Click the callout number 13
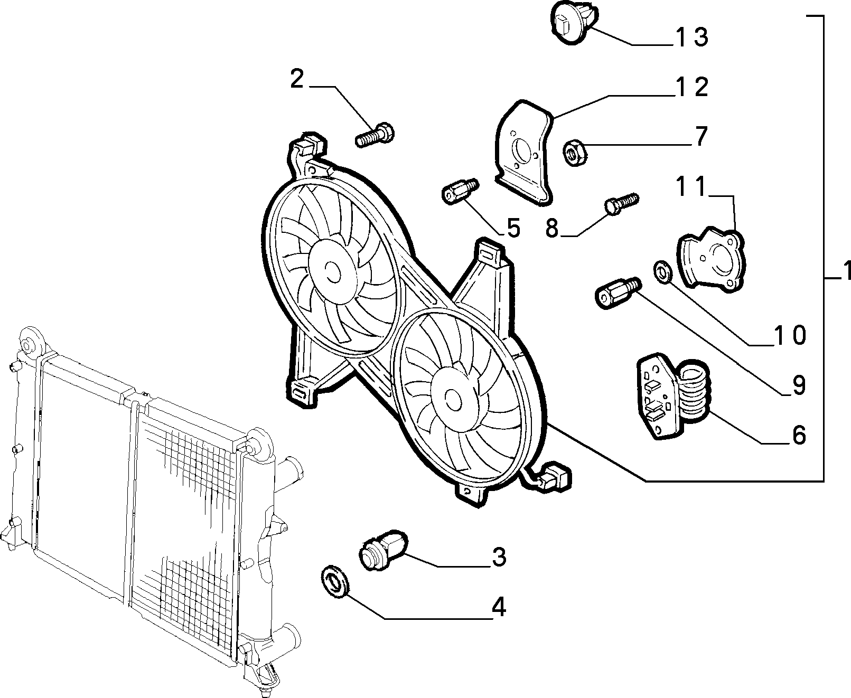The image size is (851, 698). [691, 37]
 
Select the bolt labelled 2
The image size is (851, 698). [375, 135]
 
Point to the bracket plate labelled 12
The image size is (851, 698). [523, 153]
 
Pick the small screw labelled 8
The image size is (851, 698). [622, 204]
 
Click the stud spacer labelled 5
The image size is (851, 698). [460, 192]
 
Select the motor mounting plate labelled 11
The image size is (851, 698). [712, 259]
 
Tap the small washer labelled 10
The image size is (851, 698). [662, 272]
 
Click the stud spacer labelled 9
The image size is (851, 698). [618, 293]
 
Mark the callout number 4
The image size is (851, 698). [499, 607]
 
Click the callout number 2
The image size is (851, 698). [296, 79]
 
